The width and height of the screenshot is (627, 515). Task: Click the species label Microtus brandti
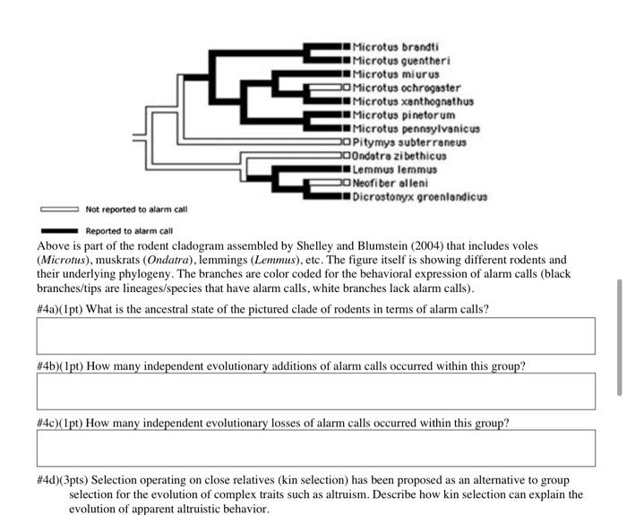pyautogui.click(x=395, y=46)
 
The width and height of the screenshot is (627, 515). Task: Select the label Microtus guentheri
pyautogui.click(x=400, y=60)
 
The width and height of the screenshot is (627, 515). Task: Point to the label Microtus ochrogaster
pyautogui.click(x=407, y=88)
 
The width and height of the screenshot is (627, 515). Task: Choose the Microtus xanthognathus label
pyautogui.click(x=413, y=101)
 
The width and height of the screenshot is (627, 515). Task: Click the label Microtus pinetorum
pyautogui.click(x=403, y=115)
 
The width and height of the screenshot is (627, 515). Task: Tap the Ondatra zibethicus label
pyautogui.click(x=399, y=155)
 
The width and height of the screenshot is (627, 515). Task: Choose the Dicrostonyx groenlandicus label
pyautogui.click(x=419, y=195)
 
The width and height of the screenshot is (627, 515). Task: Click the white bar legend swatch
pyautogui.click(x=59, y=210)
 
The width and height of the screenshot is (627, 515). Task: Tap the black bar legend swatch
pyautogui.click(x=59, y=230)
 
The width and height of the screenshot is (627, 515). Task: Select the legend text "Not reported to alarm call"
pyautogui.click(x=136, y=210)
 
